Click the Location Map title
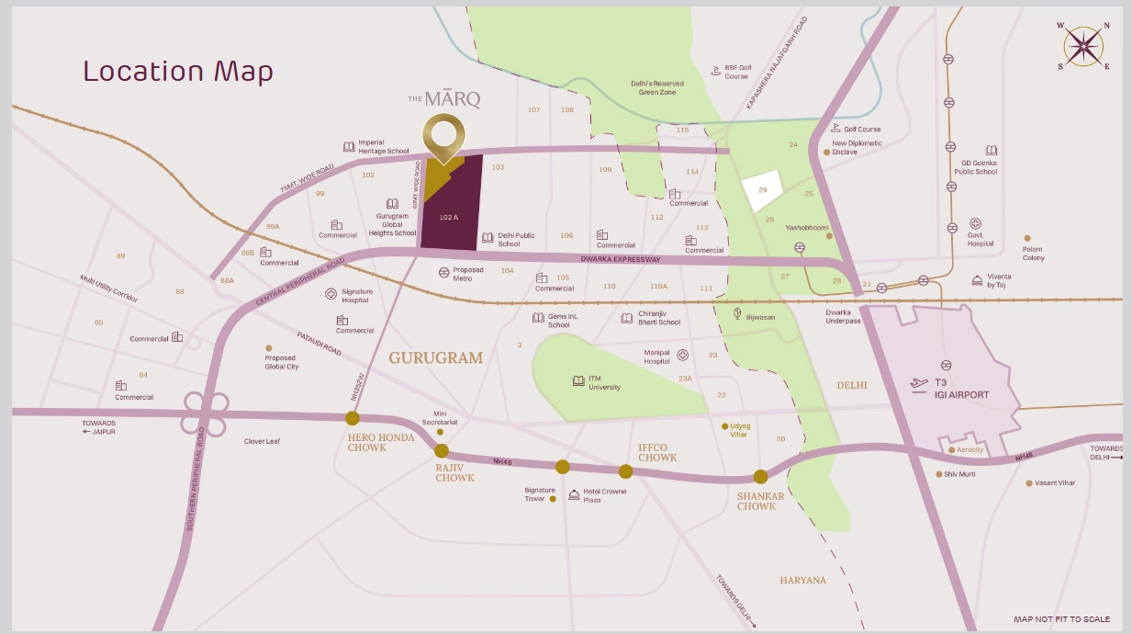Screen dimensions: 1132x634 tap(178, 72)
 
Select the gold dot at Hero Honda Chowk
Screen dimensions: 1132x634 tap(353, 418)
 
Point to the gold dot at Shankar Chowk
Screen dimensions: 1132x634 tap(760, 476)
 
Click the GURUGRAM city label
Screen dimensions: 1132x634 tap(435, 358)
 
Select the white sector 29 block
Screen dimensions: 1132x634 tap(761, 191)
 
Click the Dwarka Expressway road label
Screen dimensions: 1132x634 tap(622, 260)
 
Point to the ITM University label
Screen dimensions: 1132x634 tap(604, 382)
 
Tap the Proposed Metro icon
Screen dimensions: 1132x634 tap(444, 273)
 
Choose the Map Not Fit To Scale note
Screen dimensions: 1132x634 tap(1061, 619)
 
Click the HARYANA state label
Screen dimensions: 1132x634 tap(802, 581)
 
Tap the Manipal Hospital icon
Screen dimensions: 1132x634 tap(682, 355)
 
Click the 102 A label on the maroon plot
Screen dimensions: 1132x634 tap(448, 217)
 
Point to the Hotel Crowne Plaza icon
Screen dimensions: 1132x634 tap(574, 494)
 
